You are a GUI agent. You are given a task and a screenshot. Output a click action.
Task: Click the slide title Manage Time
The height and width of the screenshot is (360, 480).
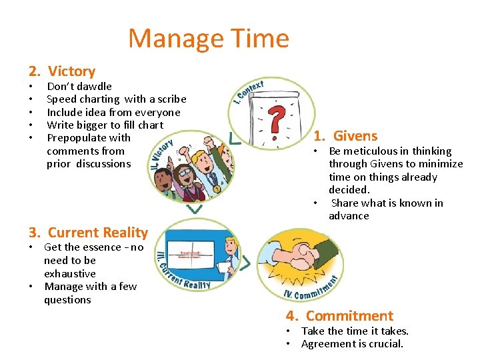coord(208,39)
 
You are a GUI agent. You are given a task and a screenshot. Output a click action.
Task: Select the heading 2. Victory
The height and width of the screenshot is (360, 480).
coord(61,71)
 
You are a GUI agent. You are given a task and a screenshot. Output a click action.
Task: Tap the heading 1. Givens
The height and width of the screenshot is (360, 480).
coord(345,136)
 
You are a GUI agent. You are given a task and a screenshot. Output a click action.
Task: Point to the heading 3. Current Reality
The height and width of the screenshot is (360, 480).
coord(87,233)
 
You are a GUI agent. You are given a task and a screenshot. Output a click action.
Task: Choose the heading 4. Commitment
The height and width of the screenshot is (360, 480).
coord(339,316)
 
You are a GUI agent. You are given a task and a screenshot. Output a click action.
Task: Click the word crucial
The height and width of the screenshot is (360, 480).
coord(385,344)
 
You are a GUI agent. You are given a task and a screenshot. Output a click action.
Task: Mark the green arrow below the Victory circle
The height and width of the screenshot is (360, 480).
coord(194,209)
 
